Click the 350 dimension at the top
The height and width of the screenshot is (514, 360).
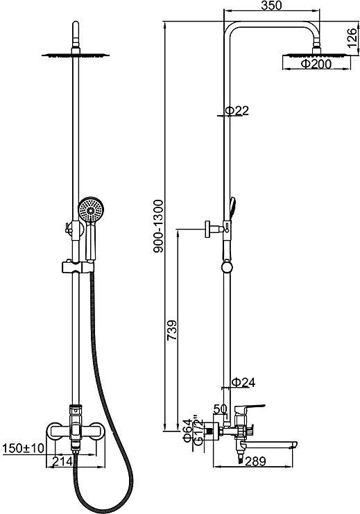[x=272, y=6]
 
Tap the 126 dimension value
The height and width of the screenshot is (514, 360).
[x=352, y=38]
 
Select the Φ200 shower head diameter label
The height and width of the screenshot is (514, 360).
[x=316, y=64]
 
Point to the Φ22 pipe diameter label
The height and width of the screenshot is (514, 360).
[x=237, y=110]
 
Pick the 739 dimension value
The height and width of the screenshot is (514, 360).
[x=172, y=329]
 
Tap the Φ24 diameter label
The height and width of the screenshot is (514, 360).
[x=243, y=382]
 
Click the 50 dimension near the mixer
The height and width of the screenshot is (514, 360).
[x=220, y=409]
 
